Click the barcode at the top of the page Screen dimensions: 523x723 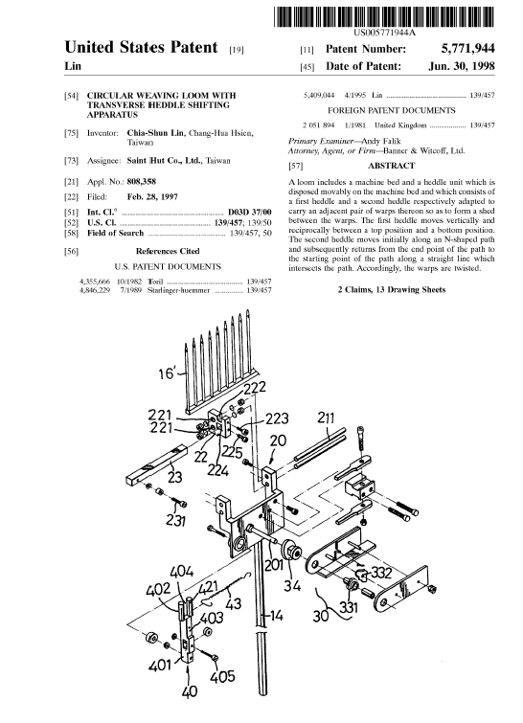(384, 17)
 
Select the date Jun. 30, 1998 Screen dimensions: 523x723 (461, 66)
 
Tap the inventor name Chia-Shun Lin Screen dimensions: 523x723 (156, 133)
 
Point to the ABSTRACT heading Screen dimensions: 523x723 (391, 165)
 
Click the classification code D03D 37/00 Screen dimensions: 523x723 (249, 212)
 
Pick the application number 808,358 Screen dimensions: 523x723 (142, 182)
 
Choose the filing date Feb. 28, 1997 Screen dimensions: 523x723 (152, 197)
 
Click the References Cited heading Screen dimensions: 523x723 (168, 251)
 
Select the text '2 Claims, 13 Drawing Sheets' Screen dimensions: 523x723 (392, 289)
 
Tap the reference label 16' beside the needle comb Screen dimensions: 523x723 (168, 373)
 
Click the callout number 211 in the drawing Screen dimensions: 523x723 (326, 418)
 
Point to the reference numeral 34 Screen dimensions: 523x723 (291, 585)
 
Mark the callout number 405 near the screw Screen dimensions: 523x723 (223, 676)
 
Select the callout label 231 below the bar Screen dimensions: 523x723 (176, 520)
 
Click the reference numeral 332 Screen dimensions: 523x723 (381, 573)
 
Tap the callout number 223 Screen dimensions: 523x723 (277, 418)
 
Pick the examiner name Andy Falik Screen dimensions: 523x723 (381, 141)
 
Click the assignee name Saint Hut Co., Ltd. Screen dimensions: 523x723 (164, 161)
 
